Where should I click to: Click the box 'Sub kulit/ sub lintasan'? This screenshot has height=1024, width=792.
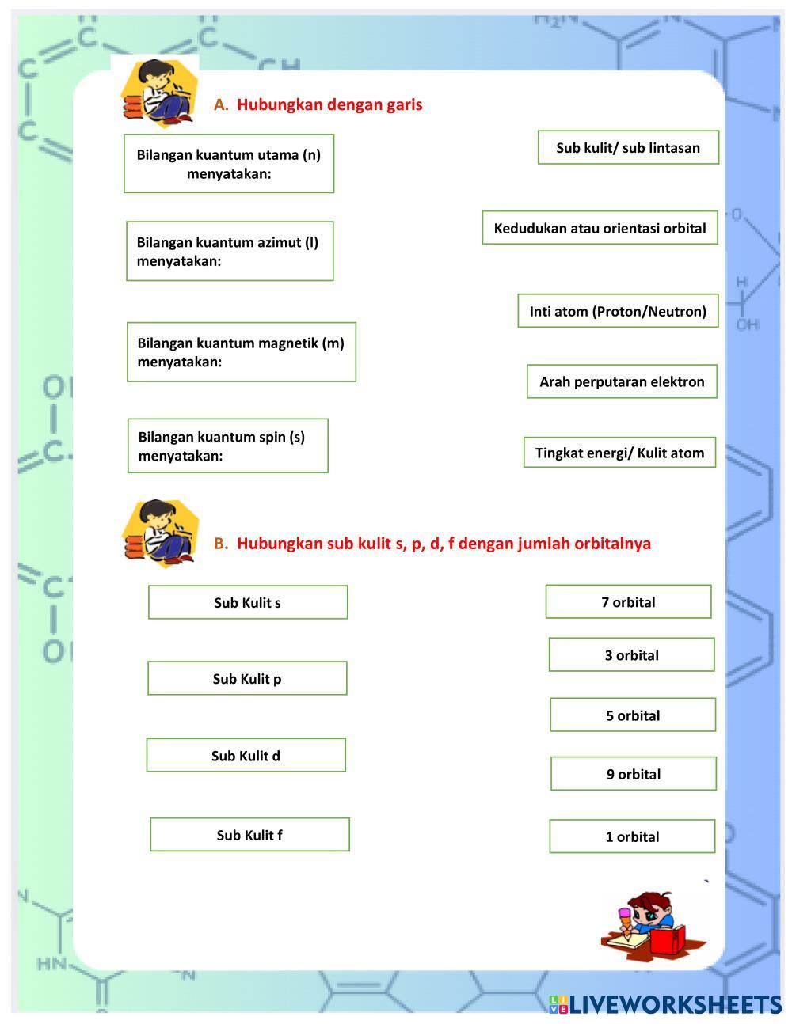[x=628, y=148]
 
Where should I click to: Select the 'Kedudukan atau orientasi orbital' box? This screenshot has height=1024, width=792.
[x=600, y=228]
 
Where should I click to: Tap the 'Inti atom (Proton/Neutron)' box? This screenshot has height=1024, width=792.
[x=618, y=311]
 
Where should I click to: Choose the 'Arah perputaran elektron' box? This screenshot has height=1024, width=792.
[x=622, y=381]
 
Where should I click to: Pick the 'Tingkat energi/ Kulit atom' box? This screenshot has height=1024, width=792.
[x=619, y=453]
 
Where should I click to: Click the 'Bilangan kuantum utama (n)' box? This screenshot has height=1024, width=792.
[x=229, y=163]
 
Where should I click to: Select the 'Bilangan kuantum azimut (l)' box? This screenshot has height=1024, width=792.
[x=230, y=251]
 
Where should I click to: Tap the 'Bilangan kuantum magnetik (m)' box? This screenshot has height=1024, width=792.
[x=242, y=352]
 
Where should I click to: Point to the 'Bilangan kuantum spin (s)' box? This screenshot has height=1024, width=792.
[x=228, y=446]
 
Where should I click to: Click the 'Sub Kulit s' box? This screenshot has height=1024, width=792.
[x=248, y=602]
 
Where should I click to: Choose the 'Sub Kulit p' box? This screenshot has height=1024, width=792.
[x=247, y=678]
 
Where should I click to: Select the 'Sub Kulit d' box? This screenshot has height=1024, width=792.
[x=246, y=755]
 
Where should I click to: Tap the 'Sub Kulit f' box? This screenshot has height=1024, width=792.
[x=249, y=835]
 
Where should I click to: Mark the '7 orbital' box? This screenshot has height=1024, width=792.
[x=628, y=602]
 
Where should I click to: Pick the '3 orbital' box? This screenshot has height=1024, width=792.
[x=631, y=655]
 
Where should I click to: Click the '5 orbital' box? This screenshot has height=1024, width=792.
[x=633, y=715]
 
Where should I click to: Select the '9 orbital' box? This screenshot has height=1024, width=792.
[x=634, y=774]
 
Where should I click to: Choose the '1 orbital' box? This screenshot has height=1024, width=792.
[x=632, y=836]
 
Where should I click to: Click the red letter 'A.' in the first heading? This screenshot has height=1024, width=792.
[x=221, y=104]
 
